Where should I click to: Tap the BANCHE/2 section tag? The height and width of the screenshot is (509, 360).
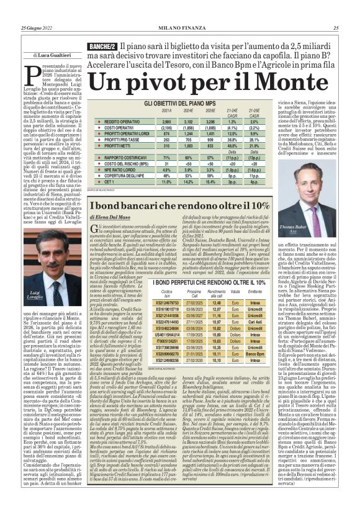(x=102, y=47)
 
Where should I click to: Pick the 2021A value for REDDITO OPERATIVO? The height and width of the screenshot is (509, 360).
(x=165, y=122)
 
